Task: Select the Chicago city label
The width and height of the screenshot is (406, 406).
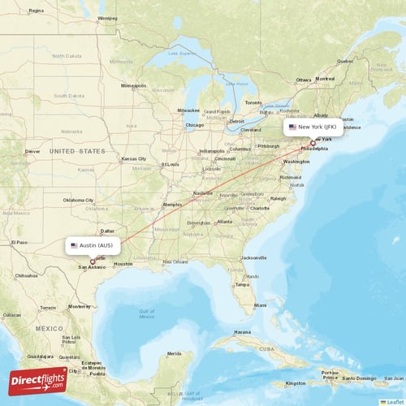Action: coord(194,125)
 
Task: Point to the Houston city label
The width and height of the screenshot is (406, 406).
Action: coord(123,264)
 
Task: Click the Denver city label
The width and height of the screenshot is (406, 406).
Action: coord(32,151)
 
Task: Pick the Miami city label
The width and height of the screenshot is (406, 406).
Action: coord(260,305)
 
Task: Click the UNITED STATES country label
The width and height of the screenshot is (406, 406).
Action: coord(76,151)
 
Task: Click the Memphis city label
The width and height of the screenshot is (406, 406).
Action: coord(173,204)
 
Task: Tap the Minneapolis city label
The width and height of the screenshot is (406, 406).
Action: coord(133,85)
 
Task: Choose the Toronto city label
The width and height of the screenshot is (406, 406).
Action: coord(254,103)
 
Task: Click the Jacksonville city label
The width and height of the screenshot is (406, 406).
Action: coord(254,257)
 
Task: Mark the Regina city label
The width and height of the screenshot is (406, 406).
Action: coord(36,11)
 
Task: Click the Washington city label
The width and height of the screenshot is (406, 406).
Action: coord(296,162)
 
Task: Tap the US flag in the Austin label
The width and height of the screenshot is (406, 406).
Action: coord(74,244)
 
